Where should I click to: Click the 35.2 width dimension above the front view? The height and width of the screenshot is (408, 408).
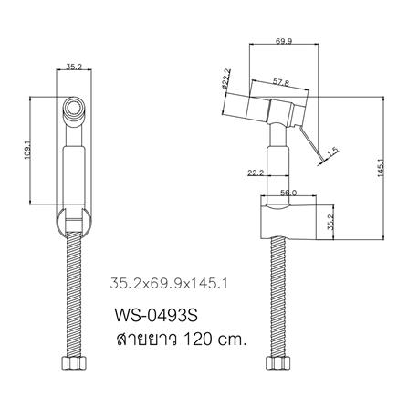click(77, 66)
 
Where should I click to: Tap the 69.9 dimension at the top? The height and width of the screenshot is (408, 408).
click(283, 41)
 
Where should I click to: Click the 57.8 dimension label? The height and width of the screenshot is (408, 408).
click(282, 83)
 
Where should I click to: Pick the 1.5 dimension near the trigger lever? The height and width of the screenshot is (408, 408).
click(334, 151)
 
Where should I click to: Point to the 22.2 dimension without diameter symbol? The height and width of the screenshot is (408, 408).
click(256, 170)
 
